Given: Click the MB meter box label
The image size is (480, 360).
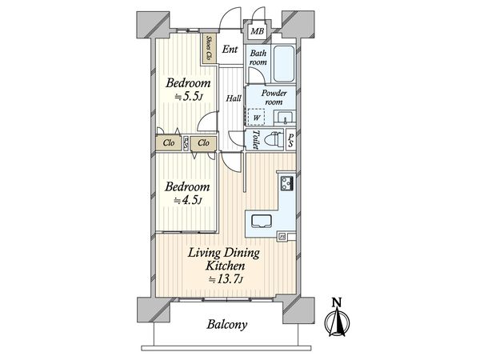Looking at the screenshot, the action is pos(257,31).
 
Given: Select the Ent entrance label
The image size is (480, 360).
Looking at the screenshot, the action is pos(230,49).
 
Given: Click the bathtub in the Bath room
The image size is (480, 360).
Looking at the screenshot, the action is pos(284,63).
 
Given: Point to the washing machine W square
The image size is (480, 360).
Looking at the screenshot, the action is pos(256,118).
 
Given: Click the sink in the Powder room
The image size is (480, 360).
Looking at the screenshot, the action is pos(285,118).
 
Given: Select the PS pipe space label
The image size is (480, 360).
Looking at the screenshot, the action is pos(291,140).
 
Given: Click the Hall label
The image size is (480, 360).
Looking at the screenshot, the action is pos(234,98).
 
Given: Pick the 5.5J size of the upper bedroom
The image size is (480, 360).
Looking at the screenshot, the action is pos(188,97).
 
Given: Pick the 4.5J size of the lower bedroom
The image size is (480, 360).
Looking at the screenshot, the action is pos(187,201).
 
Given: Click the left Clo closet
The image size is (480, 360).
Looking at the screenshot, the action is pos(169,143).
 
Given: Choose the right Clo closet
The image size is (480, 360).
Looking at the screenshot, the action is pos(203,143).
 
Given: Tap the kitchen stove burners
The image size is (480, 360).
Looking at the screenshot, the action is pos(287,183).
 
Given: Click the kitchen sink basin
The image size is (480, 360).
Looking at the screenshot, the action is pos(262,221).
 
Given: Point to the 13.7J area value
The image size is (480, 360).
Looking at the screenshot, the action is pos(226,279).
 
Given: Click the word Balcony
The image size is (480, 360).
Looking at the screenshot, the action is pos(227,324).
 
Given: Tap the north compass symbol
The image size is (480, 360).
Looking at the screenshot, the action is pos(337,322).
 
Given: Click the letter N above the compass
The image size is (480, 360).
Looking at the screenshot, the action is pos(337,302).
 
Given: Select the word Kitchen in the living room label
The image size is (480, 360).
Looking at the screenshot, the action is pos(225,266).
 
